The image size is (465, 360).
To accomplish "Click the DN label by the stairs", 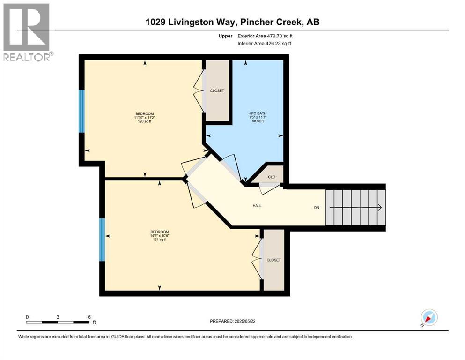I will (317, 208).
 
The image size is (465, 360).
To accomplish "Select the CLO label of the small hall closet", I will (272, 177).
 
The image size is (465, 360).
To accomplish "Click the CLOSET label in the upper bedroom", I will (217, 91).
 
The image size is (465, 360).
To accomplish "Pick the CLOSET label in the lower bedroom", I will (273, 260).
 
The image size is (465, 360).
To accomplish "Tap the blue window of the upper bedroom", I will (81, 111).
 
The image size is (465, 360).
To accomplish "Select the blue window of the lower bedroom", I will (102, 240).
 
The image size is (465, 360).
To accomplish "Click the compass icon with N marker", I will (428, 317).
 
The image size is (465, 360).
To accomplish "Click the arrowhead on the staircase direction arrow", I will (380, 208).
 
